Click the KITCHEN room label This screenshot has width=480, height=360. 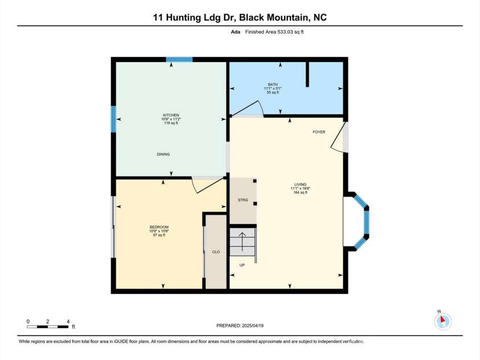coord(171,115)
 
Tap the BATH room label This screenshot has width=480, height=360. coord(273,84)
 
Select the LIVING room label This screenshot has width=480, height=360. coord(300,185)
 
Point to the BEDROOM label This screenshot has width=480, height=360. coord(159,227)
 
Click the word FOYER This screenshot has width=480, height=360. coord(319,132)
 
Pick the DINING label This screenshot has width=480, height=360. coord(163,154)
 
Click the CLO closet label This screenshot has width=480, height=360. coord(216,251)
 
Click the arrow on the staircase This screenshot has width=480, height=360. coord(243,242)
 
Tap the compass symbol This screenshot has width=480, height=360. coord(442,321)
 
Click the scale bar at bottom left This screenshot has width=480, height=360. coord(48,326)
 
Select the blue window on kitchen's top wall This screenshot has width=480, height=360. coord(179,59)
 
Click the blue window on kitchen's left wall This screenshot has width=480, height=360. coord(113,119)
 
